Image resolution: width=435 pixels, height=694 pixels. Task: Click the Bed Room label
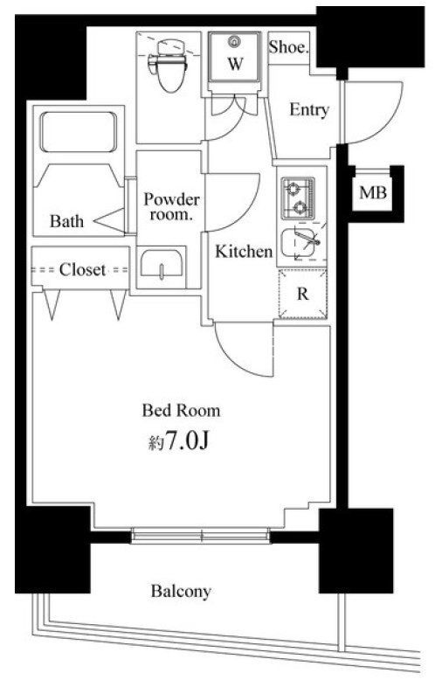click(181, 410)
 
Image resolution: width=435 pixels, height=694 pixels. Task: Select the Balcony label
click(181, 592)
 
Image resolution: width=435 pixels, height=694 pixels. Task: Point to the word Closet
click(82, 270)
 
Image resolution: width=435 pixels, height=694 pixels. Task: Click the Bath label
click(66, 221)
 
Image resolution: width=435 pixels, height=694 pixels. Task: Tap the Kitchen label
click(245, 253)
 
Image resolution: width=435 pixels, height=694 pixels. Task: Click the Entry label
click(309, 111)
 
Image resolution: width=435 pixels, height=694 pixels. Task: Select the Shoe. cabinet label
click(288, 49)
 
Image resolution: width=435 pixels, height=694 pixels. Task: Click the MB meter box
click(374, 193)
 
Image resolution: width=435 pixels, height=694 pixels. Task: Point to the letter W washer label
click(235, 63)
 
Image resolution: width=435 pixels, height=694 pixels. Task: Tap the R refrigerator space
click(302, 295)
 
